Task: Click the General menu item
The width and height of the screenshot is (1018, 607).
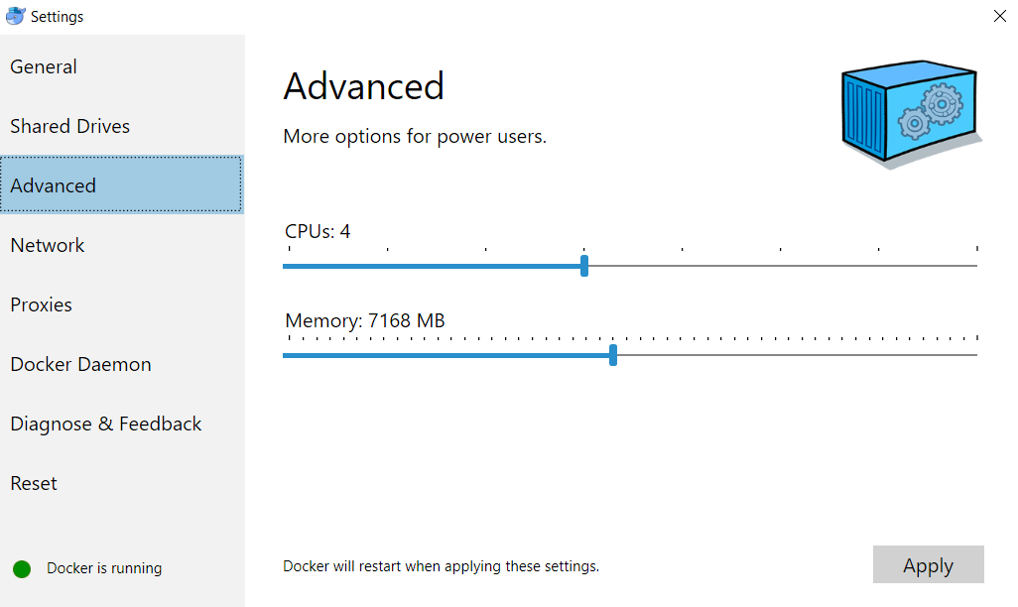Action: [44, 67]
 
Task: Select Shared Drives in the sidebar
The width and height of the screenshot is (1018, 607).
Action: [69, 127]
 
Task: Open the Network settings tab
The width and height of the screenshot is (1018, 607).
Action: [48, 246]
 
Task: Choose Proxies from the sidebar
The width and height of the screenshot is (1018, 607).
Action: [41, 305]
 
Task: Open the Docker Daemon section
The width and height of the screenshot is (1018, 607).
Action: [80, 365]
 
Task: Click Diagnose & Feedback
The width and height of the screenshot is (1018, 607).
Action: [105, 425]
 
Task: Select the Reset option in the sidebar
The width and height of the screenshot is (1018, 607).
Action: [34, 484]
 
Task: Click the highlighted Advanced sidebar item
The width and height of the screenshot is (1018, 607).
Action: [54, 186]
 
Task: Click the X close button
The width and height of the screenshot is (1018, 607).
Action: [999, 16]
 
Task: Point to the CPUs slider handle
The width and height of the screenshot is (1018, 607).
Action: [584, 266]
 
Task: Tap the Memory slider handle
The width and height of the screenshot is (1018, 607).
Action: [613, 355]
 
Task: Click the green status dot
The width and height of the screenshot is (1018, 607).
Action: [22, 568]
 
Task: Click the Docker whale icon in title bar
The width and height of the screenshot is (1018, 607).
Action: [15, 16]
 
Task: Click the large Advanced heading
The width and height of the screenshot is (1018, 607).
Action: [363, 87]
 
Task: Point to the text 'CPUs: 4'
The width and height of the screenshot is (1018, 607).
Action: [318, 232]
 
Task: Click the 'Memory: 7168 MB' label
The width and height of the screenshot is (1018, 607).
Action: [364, 321]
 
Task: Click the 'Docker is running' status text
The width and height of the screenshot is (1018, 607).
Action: [104, 568]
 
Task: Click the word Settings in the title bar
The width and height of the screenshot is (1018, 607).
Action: [58, 17]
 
